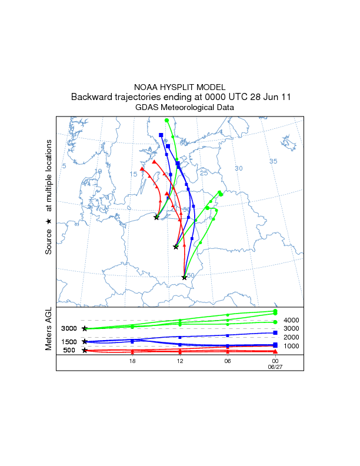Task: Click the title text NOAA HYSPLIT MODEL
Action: (x=179, y=86)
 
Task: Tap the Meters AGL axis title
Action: (x=49, y=331)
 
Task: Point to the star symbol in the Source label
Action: (x=49, y=221)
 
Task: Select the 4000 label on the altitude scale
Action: (x=292, y=320)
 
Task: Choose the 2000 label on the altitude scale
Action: (x=292, y=337)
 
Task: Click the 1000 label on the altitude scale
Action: (x=292, y=346)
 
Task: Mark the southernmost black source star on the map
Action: (x=185, y=277)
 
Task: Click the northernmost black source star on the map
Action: (x=156, y=217)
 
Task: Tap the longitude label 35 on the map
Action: (x=273, y=161)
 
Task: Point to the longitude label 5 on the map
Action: (x=64, y=167)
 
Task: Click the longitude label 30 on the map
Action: (x=239, y=169)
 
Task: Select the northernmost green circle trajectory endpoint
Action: (x=167, y=120)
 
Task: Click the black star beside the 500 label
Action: (x=85, y=350)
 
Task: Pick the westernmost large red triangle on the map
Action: (x=142, y=169)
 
